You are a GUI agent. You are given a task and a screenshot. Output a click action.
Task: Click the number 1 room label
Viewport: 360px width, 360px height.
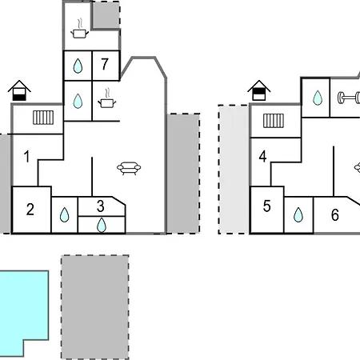(26, 157)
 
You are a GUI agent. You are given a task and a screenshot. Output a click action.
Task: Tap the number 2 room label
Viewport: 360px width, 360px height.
(30, 210)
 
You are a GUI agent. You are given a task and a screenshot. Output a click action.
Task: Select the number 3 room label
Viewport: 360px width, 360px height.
(101, 206)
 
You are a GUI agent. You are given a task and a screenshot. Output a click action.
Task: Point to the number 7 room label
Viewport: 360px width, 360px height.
(105, 64)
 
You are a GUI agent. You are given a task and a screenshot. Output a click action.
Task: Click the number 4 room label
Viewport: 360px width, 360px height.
(262, 157)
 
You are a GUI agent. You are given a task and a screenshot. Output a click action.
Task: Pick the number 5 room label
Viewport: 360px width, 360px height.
(267, 206)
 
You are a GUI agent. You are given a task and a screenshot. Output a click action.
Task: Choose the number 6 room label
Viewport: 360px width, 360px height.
(335, 215)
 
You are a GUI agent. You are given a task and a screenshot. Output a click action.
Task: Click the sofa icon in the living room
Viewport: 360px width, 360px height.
(129, 168)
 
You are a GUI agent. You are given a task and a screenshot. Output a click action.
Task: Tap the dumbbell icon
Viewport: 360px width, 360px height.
(349, 98)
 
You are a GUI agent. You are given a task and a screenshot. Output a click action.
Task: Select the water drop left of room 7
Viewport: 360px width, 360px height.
(78, 66)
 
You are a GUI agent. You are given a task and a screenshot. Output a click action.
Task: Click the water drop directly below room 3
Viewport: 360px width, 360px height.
(102, 226)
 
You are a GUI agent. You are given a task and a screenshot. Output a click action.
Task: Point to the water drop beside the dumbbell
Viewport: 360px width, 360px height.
(318, 98)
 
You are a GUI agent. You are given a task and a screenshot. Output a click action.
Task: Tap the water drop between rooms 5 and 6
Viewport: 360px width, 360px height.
(298, 215)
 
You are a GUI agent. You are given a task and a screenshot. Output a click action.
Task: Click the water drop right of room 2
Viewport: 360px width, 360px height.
(64, 215)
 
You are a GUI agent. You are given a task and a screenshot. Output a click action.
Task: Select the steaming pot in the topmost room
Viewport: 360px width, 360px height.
(79, 29)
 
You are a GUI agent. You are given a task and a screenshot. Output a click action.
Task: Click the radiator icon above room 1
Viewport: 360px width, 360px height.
(43, 118)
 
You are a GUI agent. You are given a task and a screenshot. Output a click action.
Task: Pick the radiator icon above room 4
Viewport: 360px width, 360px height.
(274, 121)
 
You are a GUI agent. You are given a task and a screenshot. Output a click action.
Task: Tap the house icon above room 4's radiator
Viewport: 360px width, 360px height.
(259, 90)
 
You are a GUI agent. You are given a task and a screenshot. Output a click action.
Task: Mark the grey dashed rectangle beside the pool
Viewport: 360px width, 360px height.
(95, 307)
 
